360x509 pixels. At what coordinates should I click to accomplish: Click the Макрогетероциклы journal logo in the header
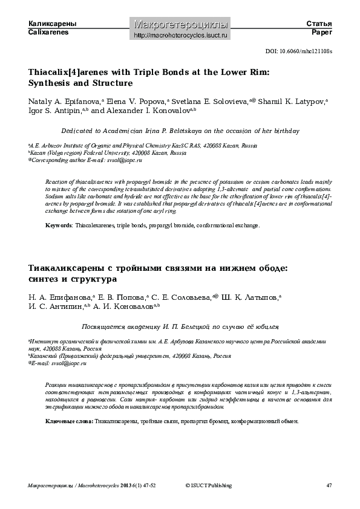pos(180,24)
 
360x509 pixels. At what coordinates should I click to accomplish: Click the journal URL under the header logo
pos(180,36)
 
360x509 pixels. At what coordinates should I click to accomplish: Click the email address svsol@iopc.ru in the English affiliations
pos(124,161)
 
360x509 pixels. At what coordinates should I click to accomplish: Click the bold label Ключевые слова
pos(69,404)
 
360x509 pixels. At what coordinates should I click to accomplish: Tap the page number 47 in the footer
pos(329,485)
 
